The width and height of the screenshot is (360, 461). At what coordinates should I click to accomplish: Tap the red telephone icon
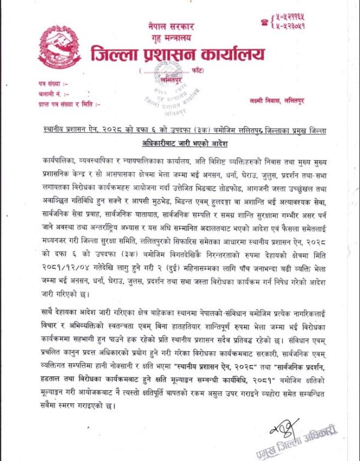pos(263,22)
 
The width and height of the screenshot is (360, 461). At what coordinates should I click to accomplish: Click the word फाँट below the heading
pos(205,72)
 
